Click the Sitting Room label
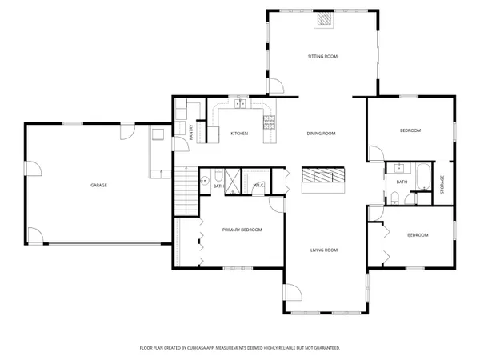tap(323, 57)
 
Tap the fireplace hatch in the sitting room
tap(323, 20)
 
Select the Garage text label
tap(98, 185)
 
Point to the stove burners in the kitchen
tap(270, 122)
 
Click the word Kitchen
tap(239, 133)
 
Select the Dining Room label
tap(321, 133)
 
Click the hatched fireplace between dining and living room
tap(322, 177)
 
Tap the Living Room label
tap(324, 250)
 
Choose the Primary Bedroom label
tap(242, 230)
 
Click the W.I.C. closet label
tap(258, 186)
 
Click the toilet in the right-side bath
tap(395, 197)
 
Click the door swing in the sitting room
tap(274, 86)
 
